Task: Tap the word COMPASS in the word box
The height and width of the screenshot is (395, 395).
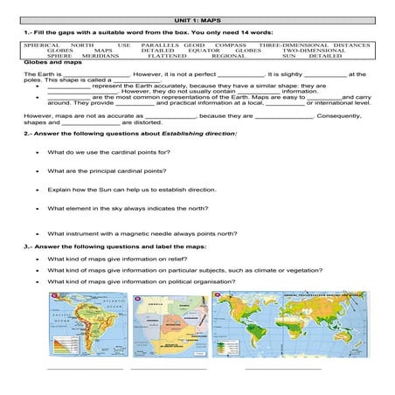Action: click(231, 45)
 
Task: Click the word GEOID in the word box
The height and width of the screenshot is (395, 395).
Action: click(194, 45)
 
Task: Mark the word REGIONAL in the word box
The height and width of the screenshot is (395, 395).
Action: click(228, 57)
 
